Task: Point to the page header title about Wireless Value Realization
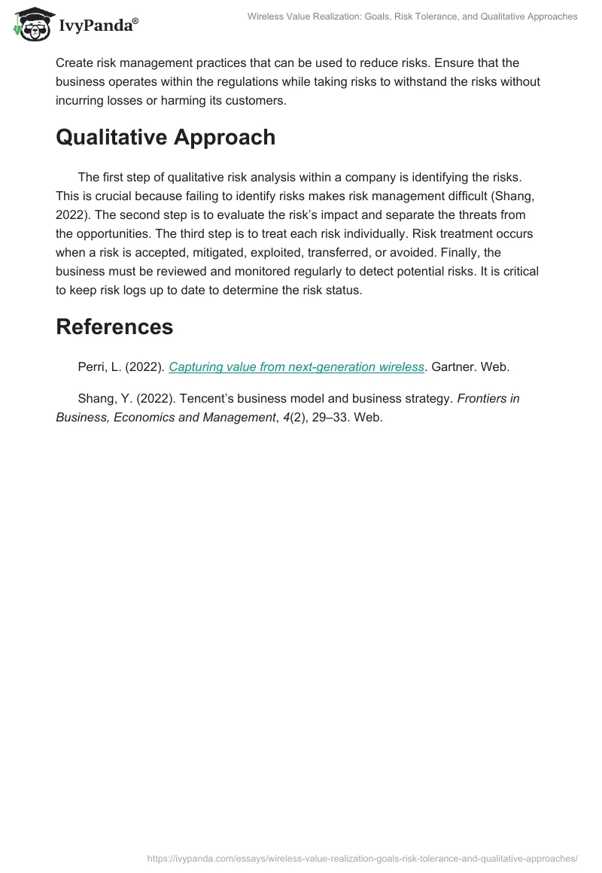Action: tap(412, 17)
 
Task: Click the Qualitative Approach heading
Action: tap(166, 137)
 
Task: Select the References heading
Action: tap(114, 327)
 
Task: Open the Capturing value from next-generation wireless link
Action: tap(296, 367)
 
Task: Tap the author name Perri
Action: tap(94, 367)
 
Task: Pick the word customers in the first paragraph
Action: tap(257, 101)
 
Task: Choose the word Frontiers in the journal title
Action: tap(488, 399)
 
